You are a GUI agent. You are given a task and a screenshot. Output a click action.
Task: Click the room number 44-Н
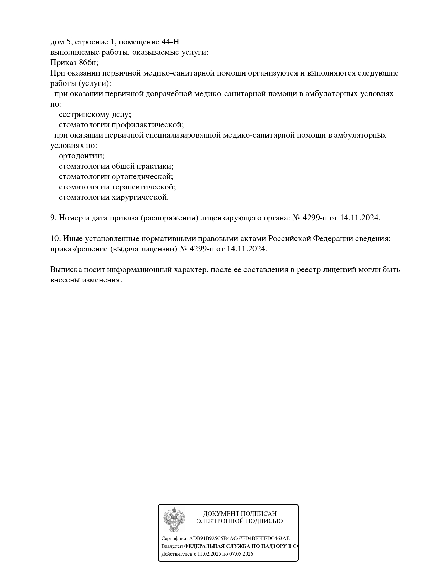pyautogui.click(x=170, y=42)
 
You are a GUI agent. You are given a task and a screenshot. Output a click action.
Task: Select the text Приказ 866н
pyautogui.click(x=74, y=63)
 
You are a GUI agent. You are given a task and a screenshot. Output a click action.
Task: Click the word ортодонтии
pyautogui.click(x=81, y=156)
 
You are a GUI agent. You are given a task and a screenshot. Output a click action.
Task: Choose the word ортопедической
pyautogui.click(x=142, y=177)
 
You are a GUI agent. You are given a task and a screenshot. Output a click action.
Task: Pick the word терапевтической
pyautogui.click(x=144, y=187)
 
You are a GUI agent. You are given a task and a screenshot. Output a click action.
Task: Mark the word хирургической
pyautogui.click(x=140, y=197)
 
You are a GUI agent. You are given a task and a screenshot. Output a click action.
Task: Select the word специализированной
pyautogui.click(x=183, y=135)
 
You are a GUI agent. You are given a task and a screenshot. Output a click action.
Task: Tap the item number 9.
pyautogui.click(x=53, y=218)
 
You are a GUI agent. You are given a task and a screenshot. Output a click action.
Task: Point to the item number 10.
pyautogui.click(x=55, y=239)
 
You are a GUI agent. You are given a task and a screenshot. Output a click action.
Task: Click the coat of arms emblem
pyautogui.click(x=174, y=520)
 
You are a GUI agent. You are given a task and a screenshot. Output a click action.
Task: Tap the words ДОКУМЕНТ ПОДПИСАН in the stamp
pyautogui.click(x=240, y=514)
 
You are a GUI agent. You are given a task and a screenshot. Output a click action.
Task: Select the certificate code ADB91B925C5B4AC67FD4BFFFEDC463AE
pyautogui.click(x=239, y=538)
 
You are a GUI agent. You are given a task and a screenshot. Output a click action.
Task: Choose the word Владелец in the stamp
pyautogui.click(x=172, y=546)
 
